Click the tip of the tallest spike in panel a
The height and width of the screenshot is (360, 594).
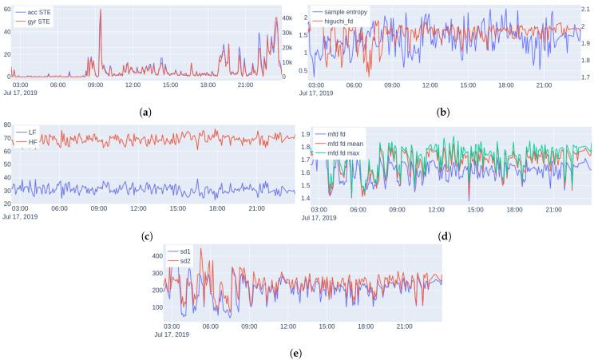101,10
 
